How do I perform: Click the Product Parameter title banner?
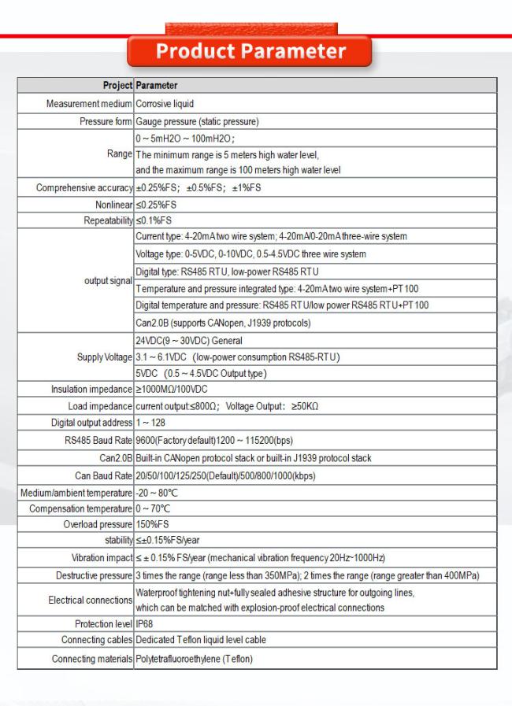tap(250, 52)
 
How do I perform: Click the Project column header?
tap(117, 85)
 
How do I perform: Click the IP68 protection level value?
tap(144, 624)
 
